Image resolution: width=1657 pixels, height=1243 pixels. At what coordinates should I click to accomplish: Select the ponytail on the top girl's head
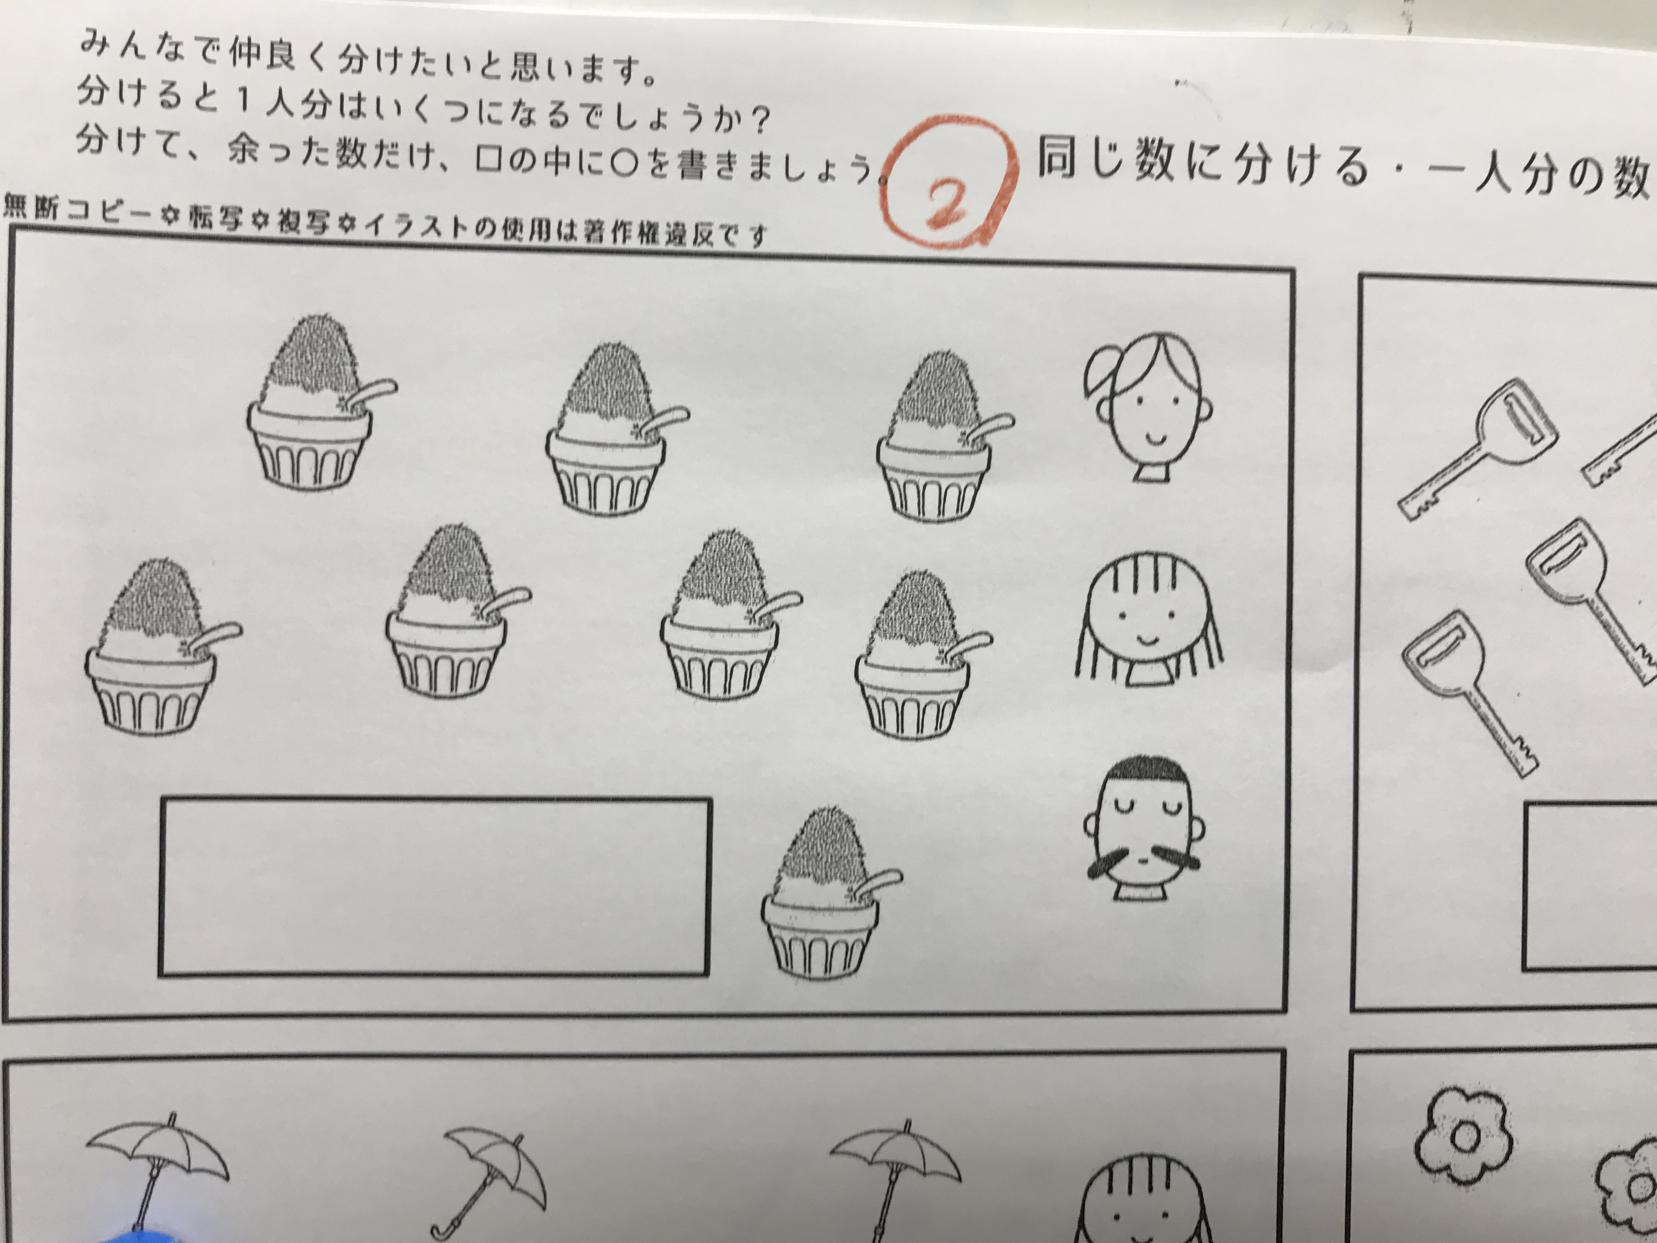point(1101,371)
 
